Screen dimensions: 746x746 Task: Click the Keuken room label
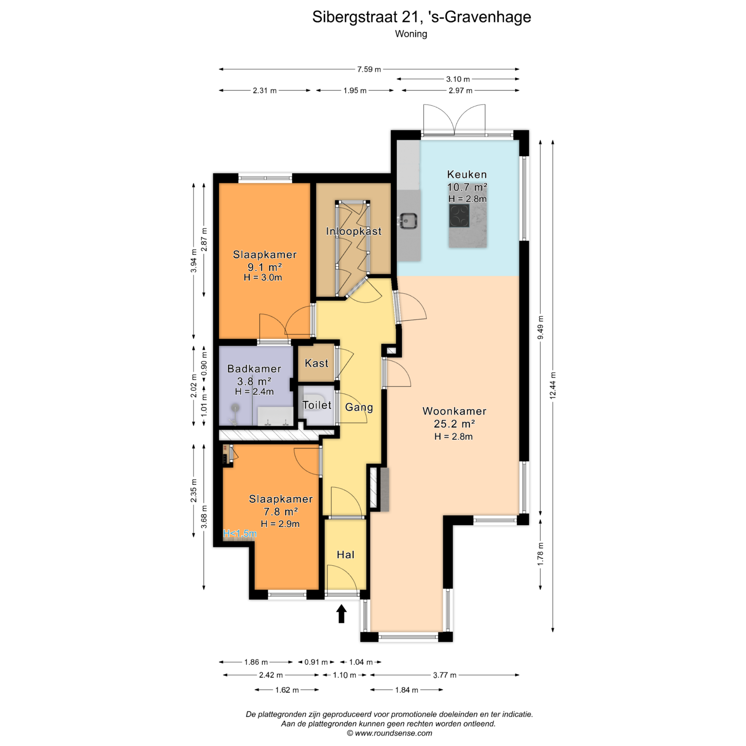click(x=467, y=174)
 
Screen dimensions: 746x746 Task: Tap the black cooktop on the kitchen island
click(x=459, y=216)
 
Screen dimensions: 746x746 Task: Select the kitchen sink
click(x=408, y=221)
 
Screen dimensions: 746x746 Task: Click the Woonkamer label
click(x=454, y=411)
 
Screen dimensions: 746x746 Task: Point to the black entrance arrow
click(x=341, y=614)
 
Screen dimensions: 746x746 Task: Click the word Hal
click(x=345, y=555)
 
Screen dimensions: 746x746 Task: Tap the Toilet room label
click(x=317, y=405)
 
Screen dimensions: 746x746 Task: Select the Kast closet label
click(x=316, y=363)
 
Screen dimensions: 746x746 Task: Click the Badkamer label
click(x=254, y=369)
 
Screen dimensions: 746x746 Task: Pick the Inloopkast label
click(x=354, y=231)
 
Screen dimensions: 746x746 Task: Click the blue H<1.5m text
click(x=240, y=533)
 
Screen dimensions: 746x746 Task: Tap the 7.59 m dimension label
click(x=369, y=69)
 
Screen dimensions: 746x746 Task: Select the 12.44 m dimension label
click(x=553, y=385)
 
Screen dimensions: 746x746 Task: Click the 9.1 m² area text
click(x=265, y=267)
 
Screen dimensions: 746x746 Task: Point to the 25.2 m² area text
click(x=454, y=424)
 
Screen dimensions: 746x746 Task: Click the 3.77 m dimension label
click(x=444, y=675)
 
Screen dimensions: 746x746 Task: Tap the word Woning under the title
click(x=411, y=34)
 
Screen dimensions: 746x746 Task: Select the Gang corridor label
click(x=359, y=407)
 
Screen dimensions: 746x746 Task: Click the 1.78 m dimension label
click(x=540, y=554)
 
